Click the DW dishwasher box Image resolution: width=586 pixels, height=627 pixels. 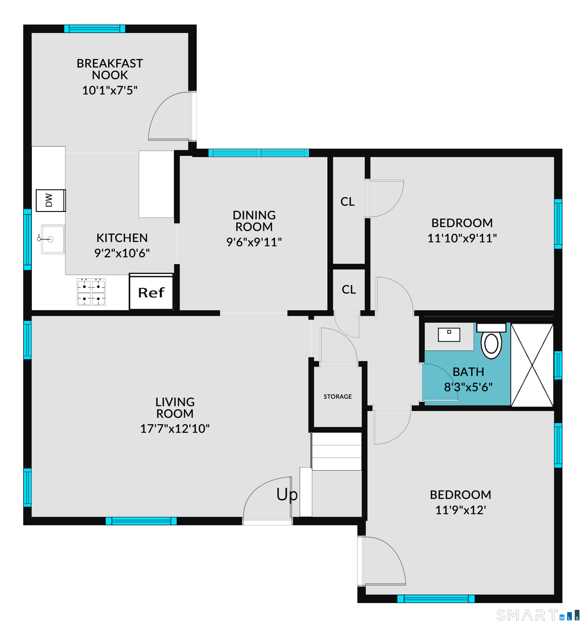(x=50, y=200)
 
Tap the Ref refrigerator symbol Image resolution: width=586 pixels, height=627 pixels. (x=151, y=291)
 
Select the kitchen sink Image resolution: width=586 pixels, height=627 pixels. (x=52, y=239)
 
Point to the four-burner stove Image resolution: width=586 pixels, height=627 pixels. (x=91, y=292)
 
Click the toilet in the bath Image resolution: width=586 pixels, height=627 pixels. (x=491, y=341)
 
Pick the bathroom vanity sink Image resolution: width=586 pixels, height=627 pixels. (x=449, y=335)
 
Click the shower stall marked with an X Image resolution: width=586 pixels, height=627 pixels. (x=532, y=365)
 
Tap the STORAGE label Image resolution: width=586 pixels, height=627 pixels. (x=337, y=396)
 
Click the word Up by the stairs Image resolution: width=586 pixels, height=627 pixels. (x=287, y=495)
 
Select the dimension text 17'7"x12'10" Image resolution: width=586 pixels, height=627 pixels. (x=175, y=429)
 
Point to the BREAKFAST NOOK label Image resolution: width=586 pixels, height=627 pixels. (x=110, y=69)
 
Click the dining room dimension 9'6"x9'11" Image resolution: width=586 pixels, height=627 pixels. (x=254, y=242)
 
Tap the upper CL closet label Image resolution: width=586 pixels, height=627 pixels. (x=348, y=201)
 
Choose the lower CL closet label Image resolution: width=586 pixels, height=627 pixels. (x=349, y=290)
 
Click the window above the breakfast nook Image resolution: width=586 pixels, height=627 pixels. (x=95, y=29)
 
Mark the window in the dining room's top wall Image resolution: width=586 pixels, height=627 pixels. (x=259, y=153)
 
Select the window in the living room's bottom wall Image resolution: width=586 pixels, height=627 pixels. (x=141, y=521)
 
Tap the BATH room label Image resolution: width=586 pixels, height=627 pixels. (x=468, y=372)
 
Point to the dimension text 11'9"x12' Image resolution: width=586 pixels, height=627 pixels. (x=461, y=510)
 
